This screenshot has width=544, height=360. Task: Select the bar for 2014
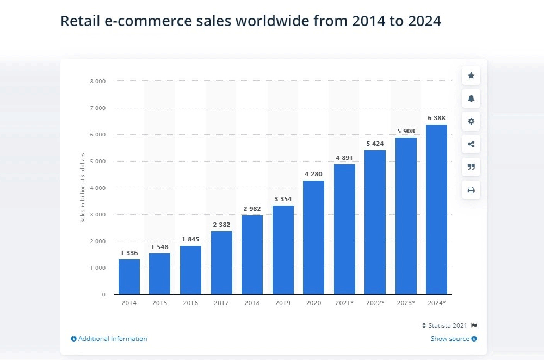click(129, 277)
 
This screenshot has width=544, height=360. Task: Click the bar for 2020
click(313, 237)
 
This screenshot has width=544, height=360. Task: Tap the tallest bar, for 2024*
click(436, 209)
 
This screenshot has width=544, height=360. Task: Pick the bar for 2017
click(221, 263)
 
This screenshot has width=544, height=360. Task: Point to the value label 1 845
click(190, 239)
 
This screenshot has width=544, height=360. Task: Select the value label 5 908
click(406, 131)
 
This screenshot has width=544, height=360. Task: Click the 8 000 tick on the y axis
click(97, 81)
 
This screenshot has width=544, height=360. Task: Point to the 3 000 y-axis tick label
click(97, 215)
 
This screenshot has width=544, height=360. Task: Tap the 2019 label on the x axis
click(283, 303)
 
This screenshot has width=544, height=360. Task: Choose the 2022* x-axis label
click(375, 303)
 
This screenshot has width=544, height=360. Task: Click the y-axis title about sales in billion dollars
click(83, 188)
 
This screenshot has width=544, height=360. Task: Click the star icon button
click(471, 76)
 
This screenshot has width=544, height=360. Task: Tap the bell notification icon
click(471, 98)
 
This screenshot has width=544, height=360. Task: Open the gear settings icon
click(471, 121)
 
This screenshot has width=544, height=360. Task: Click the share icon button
click(471, 144)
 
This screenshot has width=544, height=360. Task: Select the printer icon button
click(471, 190)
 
